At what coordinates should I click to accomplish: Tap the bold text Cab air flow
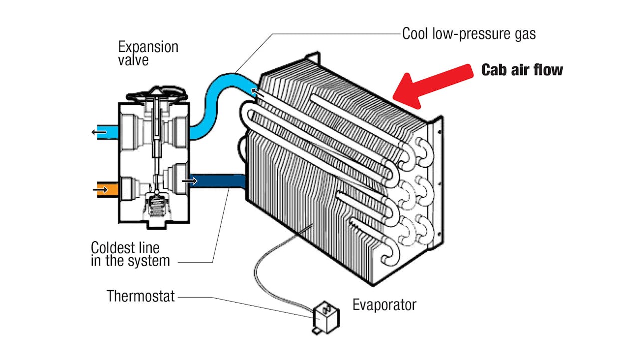(x=522, y=69)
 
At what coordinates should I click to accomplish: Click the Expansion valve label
(x=148, y=53)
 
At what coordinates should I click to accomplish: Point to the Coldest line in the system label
(x=130, y=254)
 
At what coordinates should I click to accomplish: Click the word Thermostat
(x=141, y=296)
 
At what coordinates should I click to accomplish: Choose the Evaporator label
(x=384, y=305)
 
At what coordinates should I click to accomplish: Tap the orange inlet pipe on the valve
(x=106, y=189)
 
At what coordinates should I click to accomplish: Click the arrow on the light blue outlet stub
(x=98, y=132)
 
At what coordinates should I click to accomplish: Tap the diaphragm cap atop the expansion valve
(x=156, y=94)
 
